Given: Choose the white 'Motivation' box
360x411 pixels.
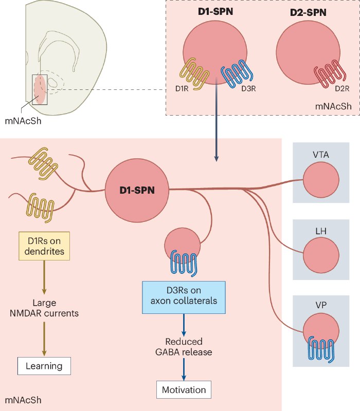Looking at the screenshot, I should click(x=184, y=390).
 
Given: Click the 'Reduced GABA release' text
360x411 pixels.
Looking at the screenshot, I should click(x=184, y=347).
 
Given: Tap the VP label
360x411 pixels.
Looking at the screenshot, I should click(x=320, y=307).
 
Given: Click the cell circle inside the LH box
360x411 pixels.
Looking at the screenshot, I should click(x=320, y=255).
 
